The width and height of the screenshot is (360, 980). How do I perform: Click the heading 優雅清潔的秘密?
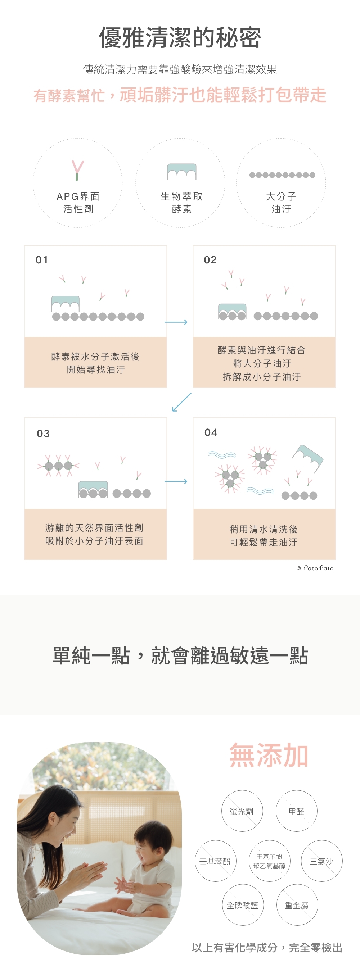tap(180, 38)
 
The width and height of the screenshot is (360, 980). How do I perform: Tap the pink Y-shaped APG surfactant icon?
tap(78, 170)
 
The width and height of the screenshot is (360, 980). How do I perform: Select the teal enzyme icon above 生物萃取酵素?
tap(181, 172)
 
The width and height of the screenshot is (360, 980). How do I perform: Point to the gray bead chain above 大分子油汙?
tap(282, 175)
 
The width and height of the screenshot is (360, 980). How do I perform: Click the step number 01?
tap(42, 260)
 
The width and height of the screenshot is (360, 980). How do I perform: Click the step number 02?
tap(210, 260)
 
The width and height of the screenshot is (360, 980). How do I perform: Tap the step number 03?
tap(43, 433)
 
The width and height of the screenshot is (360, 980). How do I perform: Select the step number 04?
tap(211, 432)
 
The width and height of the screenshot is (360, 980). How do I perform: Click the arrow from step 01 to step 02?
tap(176, 322)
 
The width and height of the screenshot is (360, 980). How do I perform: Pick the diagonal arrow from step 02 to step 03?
tap(181, 402)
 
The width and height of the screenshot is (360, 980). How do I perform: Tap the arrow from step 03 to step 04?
tap(176, 481)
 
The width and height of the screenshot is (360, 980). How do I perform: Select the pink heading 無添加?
tap(269, 756)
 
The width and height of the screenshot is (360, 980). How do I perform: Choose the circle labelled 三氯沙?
tap(321, 861)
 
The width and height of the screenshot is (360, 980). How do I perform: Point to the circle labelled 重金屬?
tap(297, 905)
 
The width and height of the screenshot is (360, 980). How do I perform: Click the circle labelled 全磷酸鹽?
tap(242, 905)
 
